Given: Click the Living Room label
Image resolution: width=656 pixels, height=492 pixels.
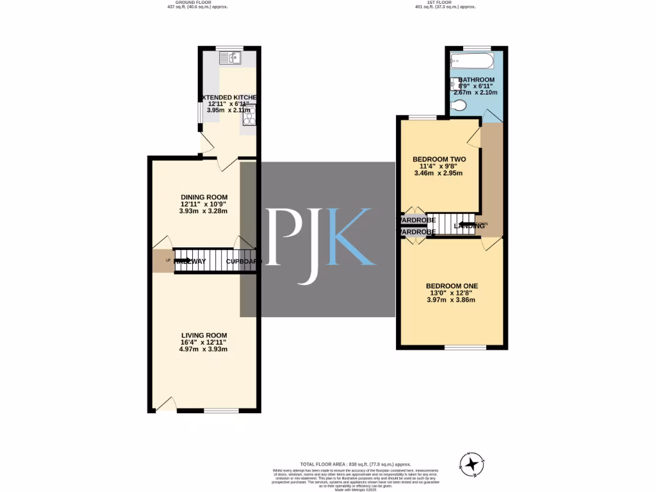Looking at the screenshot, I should [204, 336].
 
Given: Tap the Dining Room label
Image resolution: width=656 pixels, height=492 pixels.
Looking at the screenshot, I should [204, 197].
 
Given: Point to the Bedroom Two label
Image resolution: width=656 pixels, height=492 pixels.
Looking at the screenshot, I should [439, 160].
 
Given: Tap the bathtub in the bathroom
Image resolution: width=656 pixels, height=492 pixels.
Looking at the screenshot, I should [471, 61].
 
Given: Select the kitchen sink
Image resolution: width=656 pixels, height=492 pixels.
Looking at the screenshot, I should [229, 58].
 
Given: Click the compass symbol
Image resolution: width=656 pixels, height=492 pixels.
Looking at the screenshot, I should [472, 463].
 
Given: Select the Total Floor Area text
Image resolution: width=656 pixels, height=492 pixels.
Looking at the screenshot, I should [356, 464].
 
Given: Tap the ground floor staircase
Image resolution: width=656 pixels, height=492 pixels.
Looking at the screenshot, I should [205, 261].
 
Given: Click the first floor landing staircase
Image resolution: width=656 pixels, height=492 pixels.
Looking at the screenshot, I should [452, 225].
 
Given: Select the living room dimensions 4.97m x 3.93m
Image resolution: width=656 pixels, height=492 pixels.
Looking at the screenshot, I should [204, 349].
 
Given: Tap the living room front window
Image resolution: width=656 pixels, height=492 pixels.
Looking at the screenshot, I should [222, 411].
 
